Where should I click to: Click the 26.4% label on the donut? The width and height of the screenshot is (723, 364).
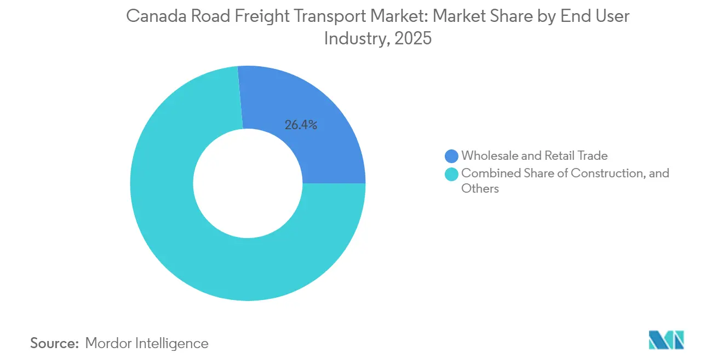click(x=301, y=125)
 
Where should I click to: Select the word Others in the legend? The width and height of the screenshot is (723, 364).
click(x=480, y=189)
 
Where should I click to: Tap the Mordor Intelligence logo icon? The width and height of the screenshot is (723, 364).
click(x=666, y=340)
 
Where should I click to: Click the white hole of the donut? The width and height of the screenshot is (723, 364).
click(x=248, y=183)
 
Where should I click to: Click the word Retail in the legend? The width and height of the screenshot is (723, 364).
click(x=560, y=156)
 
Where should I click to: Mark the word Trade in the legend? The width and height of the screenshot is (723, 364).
click(x=593, y=156)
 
